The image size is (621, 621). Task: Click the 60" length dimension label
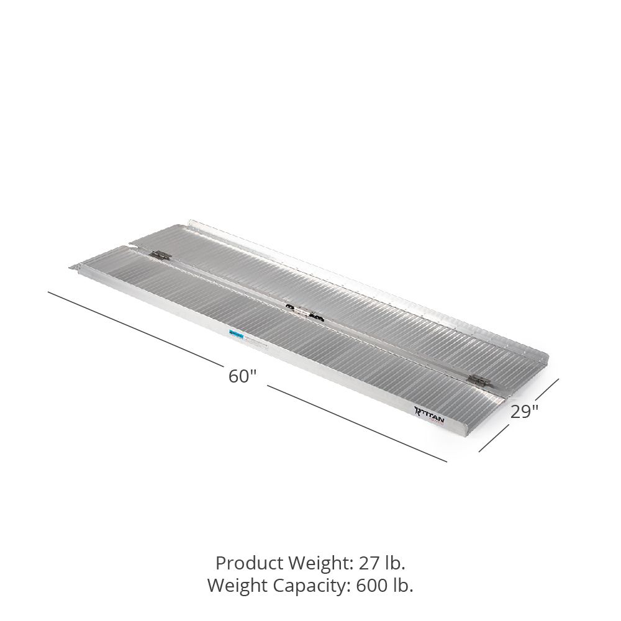(242, 376)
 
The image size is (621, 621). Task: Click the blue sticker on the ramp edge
(235, 334)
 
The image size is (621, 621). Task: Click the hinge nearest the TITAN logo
(478, 380)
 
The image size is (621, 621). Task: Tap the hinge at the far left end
(160, 255)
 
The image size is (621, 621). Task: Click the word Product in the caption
(245, 563)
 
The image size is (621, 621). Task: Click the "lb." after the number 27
(395, 563)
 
